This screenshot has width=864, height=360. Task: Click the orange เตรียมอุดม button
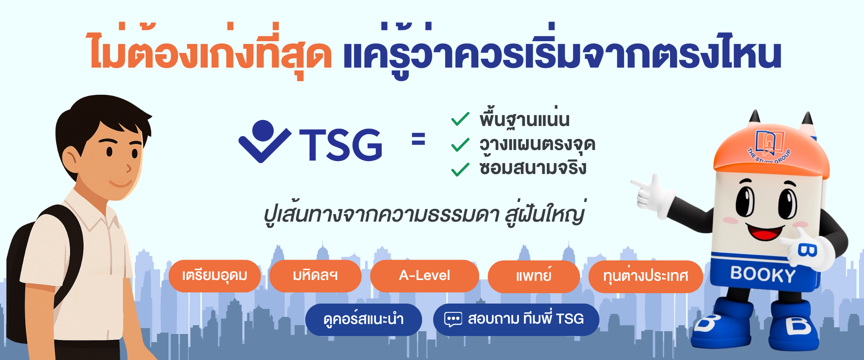pos(214,276)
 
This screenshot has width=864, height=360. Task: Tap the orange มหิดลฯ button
pos(315,276)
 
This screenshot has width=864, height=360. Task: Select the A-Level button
pos(424,276)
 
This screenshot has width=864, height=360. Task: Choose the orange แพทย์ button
pos(534,276)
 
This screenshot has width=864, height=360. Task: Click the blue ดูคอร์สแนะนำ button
pos(363,320)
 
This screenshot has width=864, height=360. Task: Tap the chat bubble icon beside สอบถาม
pos(453,319)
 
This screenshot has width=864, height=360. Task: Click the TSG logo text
pos(341,145)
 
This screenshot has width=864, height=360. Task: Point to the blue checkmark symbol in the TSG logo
pos(264,142)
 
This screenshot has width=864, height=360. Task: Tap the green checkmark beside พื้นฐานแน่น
pos(460,119)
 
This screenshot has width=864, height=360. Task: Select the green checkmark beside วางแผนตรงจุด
pos(460,145)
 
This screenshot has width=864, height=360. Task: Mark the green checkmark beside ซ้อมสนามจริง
pos(460,169)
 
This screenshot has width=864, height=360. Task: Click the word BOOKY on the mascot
pos(763,274)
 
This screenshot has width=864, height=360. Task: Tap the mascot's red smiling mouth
pos(765,231)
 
